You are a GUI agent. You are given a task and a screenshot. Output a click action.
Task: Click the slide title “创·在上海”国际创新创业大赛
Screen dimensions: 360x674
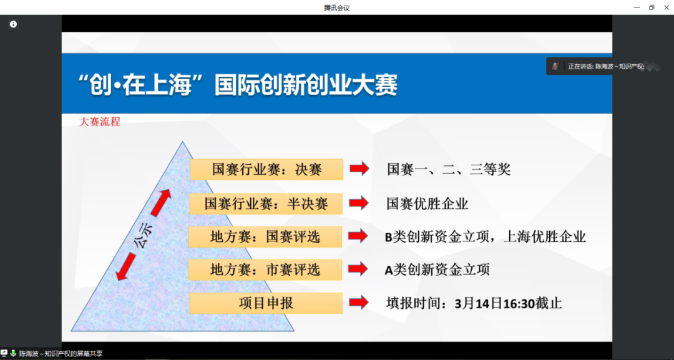(x=238, y=84)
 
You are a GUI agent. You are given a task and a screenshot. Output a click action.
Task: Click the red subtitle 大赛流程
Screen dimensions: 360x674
(x=100, y=122)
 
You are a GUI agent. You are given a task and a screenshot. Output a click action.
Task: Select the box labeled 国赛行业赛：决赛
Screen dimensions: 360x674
(x=266, y=169)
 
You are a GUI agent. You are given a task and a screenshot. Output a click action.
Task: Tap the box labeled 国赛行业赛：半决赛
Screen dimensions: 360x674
(x=266, y=203)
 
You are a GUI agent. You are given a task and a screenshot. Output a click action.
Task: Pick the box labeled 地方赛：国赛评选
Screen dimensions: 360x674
(x=266, y=236)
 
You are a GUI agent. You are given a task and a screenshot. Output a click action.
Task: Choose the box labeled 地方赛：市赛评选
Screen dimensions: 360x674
(x=266, y=270)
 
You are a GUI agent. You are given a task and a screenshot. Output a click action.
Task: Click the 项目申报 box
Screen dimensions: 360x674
(x=266, y=303)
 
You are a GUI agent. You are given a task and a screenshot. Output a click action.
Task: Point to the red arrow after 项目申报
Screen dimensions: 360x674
(x=359, y=303)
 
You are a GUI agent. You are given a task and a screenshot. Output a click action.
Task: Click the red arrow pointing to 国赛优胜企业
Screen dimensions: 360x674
(x=359, y=203)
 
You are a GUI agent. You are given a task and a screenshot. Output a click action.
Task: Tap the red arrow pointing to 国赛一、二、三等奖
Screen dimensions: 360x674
(x=359, y=169)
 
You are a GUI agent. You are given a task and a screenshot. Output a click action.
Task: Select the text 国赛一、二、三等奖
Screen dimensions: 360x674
(x=448, y=169)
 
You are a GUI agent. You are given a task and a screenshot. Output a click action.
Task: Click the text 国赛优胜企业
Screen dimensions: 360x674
(x=427, y=203)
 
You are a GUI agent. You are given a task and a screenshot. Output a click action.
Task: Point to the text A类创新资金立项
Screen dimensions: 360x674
(x=437, y=270)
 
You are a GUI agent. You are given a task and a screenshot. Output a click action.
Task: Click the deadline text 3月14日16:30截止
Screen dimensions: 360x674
(x=509, y=304)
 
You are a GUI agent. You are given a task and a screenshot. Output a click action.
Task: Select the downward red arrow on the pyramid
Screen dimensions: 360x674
(x=127, y=266)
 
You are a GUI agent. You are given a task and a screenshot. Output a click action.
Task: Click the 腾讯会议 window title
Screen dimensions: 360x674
(x=337, y=7)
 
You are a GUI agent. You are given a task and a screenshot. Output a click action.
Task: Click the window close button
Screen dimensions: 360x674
(x=665, y=7)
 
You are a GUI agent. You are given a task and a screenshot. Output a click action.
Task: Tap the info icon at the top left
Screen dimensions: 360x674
(x=13, y=24)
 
